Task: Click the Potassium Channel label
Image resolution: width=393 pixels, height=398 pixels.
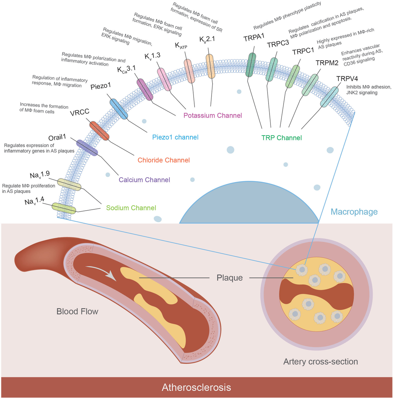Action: (213, 115)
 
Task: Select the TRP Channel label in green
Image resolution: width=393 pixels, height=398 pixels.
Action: (282, 138)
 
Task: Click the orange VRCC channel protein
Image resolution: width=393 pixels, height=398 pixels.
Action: (99, 131)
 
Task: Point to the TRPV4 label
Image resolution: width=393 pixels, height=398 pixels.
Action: (347, 79)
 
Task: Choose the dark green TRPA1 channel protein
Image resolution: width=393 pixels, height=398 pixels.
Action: (251, 65)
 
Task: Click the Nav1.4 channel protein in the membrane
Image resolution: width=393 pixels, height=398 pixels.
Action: (64, 208)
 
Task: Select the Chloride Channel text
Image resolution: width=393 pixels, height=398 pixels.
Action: (163, 160)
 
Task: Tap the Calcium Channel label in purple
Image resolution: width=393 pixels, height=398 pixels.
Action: (144, 180)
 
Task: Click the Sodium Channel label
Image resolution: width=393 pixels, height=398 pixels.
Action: (131, 208)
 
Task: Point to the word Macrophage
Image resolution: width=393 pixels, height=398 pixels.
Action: (354, 212)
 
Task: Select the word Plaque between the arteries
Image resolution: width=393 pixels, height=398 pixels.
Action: (230, 278)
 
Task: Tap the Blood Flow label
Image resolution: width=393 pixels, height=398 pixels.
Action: (77, 311)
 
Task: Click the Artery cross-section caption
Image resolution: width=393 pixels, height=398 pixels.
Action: (320, 362)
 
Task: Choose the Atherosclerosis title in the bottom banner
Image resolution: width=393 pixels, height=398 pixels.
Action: (196, 388)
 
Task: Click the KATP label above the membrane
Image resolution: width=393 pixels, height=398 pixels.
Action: (181, 46)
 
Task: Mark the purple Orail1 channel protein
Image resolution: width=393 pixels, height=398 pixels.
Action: (87, 148)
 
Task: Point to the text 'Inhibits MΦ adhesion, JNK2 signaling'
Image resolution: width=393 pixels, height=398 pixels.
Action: (369, 90)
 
